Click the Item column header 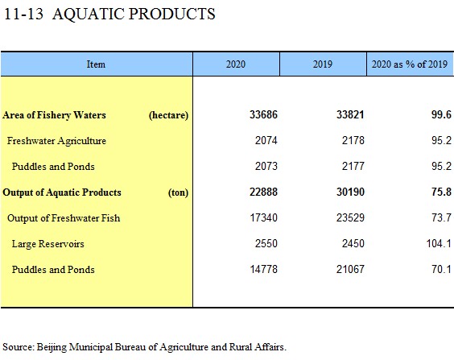pos(96,64)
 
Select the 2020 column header pos(236,64)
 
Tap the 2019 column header pos(323,64)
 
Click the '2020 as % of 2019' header pos(410,64)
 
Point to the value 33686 pos(263,114)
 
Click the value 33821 pos(350,114)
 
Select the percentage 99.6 pos(441,114)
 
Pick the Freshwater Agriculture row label pos(56,141)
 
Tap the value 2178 pos(353,140)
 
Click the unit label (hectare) pos(168,115)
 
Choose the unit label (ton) pos(179,192)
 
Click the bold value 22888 pos(263,192)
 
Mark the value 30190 pos(350,192)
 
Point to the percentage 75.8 pos(441,192)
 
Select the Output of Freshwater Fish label pos(64,218)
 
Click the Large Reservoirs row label pos(48,244)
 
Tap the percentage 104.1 pos(439,243)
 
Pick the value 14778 pos(264,269)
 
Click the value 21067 pos(350,269)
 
